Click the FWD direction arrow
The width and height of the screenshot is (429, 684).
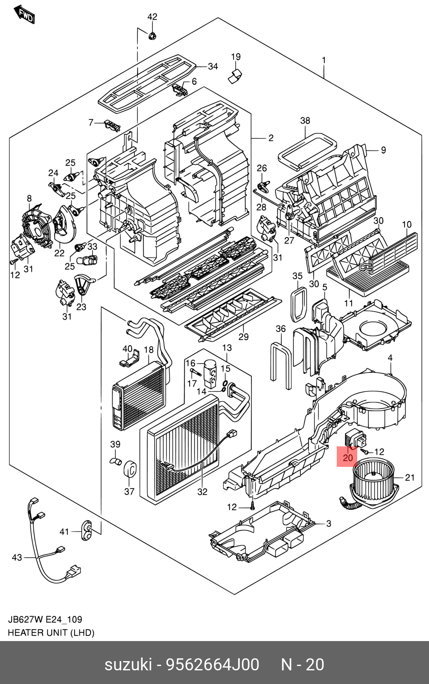click(x=25, y=14)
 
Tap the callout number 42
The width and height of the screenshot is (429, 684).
click(x=152, y=17)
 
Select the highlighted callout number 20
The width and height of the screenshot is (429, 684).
click(x=348, y=458)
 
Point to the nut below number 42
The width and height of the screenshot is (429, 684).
click(x=152, y=36)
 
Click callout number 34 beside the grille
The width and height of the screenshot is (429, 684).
click(x=213, y=66)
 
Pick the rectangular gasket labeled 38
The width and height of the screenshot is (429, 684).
click(x=307, y=151)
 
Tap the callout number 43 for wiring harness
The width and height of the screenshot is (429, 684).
click(x=17, y=557)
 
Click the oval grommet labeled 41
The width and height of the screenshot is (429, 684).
click(x=87, y=530)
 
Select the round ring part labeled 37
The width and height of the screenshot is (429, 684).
click(x=130, y=469)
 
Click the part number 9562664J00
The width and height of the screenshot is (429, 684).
click(x=212, y=664)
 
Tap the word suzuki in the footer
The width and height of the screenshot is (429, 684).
click(x=128, y=664)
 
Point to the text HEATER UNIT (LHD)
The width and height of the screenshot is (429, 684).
click(x=51, y=632)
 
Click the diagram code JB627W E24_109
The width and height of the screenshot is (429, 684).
click(x=45, y=619)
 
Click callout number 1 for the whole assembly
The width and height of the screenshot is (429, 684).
click(x=324, y=60)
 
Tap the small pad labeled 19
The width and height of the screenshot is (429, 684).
click(x=235, y=76)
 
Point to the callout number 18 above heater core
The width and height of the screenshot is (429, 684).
click(x=149, y=350)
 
